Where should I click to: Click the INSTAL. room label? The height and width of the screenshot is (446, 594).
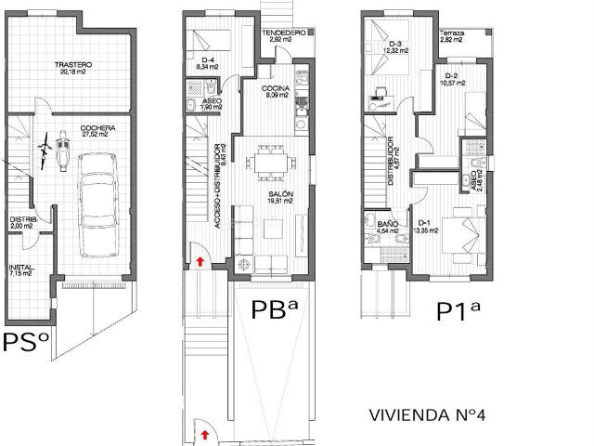[20, 270]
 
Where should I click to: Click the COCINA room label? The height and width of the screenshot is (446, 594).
[278, 91]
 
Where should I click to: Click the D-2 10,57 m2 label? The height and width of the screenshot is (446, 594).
[452, 79]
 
